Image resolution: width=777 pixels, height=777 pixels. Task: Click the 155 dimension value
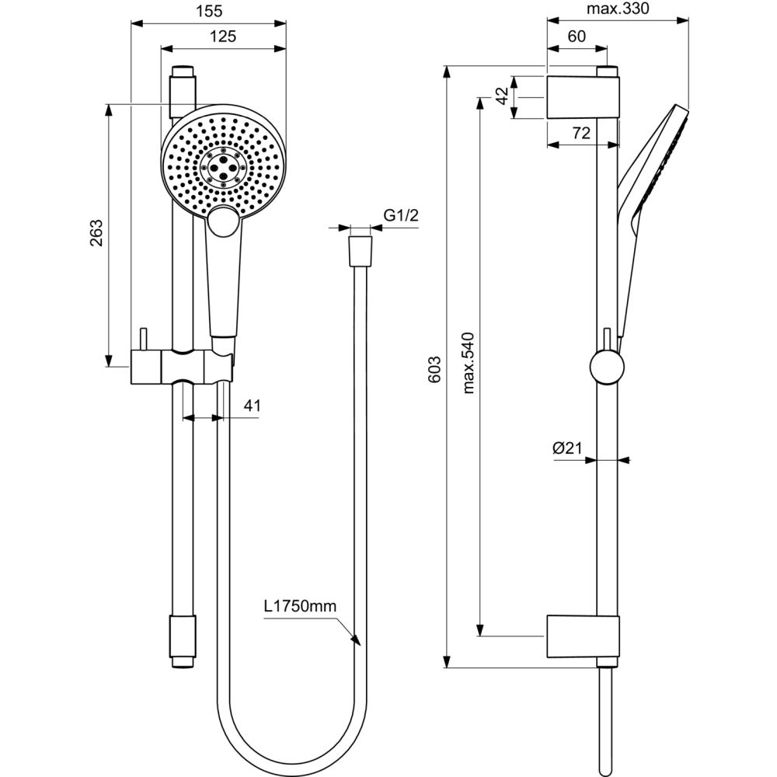coord(207,10)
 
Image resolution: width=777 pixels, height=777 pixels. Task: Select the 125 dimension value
coord(222,36)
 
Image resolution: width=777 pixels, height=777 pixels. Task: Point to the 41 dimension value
coord(251,405)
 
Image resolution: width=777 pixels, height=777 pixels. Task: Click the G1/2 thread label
coord(401,216)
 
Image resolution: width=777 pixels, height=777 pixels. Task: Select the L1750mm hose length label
coord(300,607)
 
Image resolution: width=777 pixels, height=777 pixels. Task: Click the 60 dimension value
coord(576,36)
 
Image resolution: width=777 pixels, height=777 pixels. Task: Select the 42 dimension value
coord(503,97)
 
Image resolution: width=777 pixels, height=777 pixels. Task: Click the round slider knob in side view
coord(605,366)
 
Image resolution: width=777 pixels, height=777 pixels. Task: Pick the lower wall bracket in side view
coord(583,636)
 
